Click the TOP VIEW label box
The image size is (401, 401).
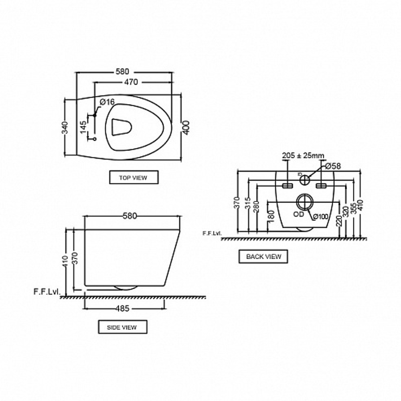click(x=134, y=177)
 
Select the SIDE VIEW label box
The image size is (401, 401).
click(x=123, y=327)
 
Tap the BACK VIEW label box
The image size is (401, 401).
click(x=263, y=256)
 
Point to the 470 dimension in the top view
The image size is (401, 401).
click(x=131, y=82)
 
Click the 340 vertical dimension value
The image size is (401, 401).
click(x=65, y=128)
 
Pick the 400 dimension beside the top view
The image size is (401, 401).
click(x=186, y=128)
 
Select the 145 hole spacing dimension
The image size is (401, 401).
click(x=84, y=127)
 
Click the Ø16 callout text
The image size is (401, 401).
click(x=107, y=102)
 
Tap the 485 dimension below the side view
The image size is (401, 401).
click(x=122, y=309)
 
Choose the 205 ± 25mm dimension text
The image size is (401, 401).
click(x=303, y=155)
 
